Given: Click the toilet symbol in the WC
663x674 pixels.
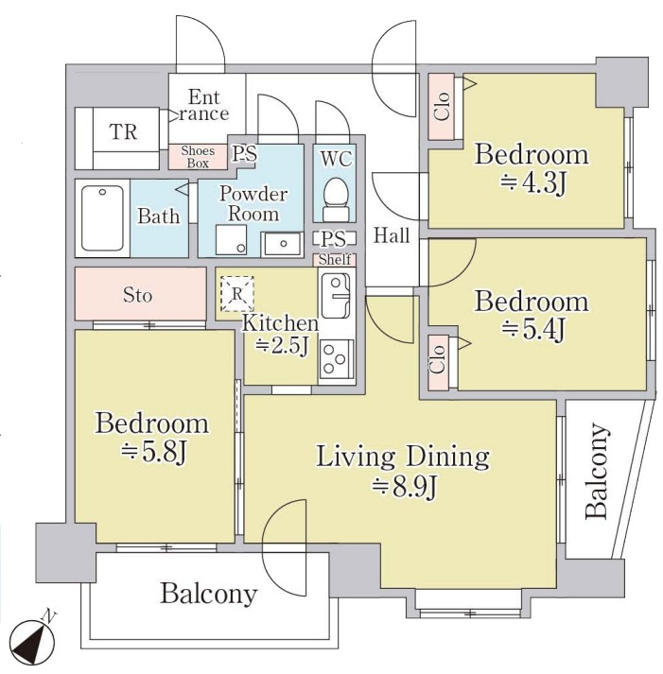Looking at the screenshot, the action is coord(337,199).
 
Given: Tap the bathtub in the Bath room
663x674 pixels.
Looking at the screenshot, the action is coord(102,218).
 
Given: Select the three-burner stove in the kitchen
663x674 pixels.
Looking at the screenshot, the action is coord(337,359).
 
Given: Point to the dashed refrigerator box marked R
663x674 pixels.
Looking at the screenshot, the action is coord(236,294).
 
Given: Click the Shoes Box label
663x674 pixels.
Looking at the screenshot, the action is coord(198,157).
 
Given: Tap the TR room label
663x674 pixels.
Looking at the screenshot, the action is coord(123,132).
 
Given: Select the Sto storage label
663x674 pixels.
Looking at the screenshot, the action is coord(137,295).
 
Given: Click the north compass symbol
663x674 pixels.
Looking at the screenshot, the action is coord(33,642).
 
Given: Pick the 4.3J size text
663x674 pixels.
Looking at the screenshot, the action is coord(532,183).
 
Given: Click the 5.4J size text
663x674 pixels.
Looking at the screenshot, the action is coord(532,331).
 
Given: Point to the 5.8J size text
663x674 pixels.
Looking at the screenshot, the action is coord(153,453).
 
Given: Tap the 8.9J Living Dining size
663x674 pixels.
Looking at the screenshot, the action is coord(404,487).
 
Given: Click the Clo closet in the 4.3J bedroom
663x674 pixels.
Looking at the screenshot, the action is coord(442,107).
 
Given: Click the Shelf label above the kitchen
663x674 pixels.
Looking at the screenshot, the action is coord(335,260).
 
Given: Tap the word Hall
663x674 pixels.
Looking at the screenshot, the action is coord(392,235).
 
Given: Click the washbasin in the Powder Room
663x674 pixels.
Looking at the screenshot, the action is coord(282,243).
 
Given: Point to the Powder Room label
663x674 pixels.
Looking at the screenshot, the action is coord(253,204).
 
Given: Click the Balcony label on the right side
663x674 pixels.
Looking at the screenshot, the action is coord(598,472).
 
